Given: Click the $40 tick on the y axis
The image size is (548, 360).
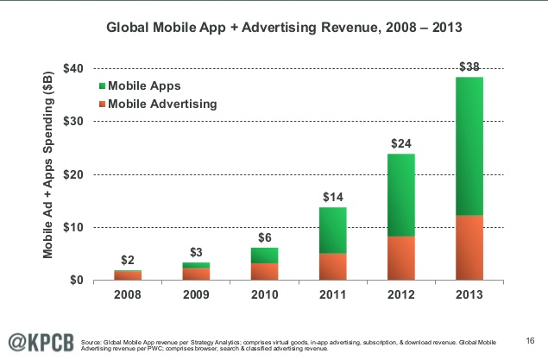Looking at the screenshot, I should (x=76, y=68).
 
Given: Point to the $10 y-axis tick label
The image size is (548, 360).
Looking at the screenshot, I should (x=76, y=227).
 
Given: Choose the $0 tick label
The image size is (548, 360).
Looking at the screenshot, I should (x=79, y=281).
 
